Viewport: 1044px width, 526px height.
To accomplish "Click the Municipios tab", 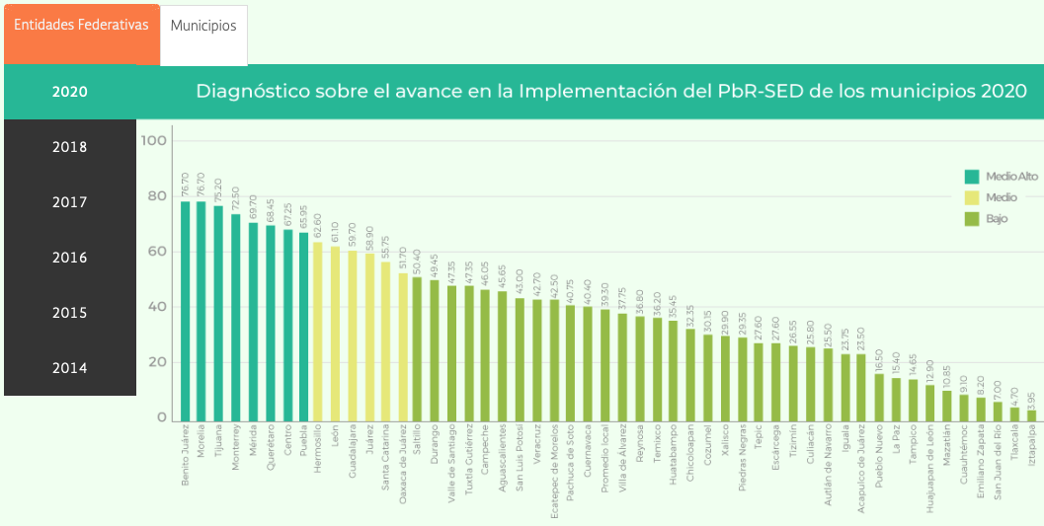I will pos(203,27).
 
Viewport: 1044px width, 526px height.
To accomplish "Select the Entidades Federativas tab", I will pos(81,26).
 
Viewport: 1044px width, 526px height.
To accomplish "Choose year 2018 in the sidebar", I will pos(69,147).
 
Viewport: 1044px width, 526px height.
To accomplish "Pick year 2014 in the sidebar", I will pos(69,368).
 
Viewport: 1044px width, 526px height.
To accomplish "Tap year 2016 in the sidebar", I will pos(69,258).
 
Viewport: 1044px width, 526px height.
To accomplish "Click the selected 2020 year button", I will pos(69,92).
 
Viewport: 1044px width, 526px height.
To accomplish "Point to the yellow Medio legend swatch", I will pos(972,197).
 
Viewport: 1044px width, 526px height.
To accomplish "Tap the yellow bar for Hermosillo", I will pos(318,332).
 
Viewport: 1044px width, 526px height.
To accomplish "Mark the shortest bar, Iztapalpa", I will pos(1032,415).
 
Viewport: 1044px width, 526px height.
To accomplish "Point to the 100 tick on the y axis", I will pos(155,141).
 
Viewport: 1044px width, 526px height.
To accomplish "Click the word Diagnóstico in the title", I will pos(251,92).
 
